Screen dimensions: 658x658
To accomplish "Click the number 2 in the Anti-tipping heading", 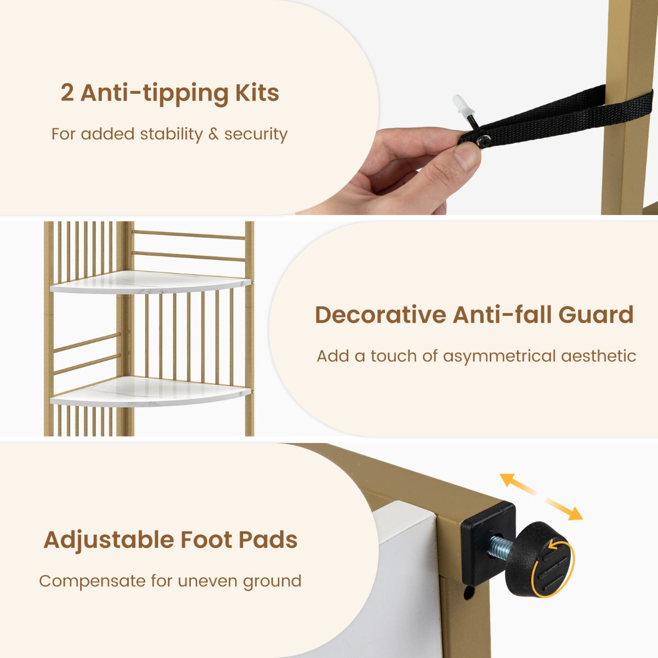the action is point(67,93).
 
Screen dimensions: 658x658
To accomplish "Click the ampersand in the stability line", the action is point(213,134).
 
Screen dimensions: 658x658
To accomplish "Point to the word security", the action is point(256,134).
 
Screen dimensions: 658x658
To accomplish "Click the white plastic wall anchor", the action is point(463,106).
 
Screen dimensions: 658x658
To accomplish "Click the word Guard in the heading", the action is point(596,315).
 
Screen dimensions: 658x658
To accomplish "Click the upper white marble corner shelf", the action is point(151,282).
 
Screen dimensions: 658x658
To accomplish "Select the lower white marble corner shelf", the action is point(151,392).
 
